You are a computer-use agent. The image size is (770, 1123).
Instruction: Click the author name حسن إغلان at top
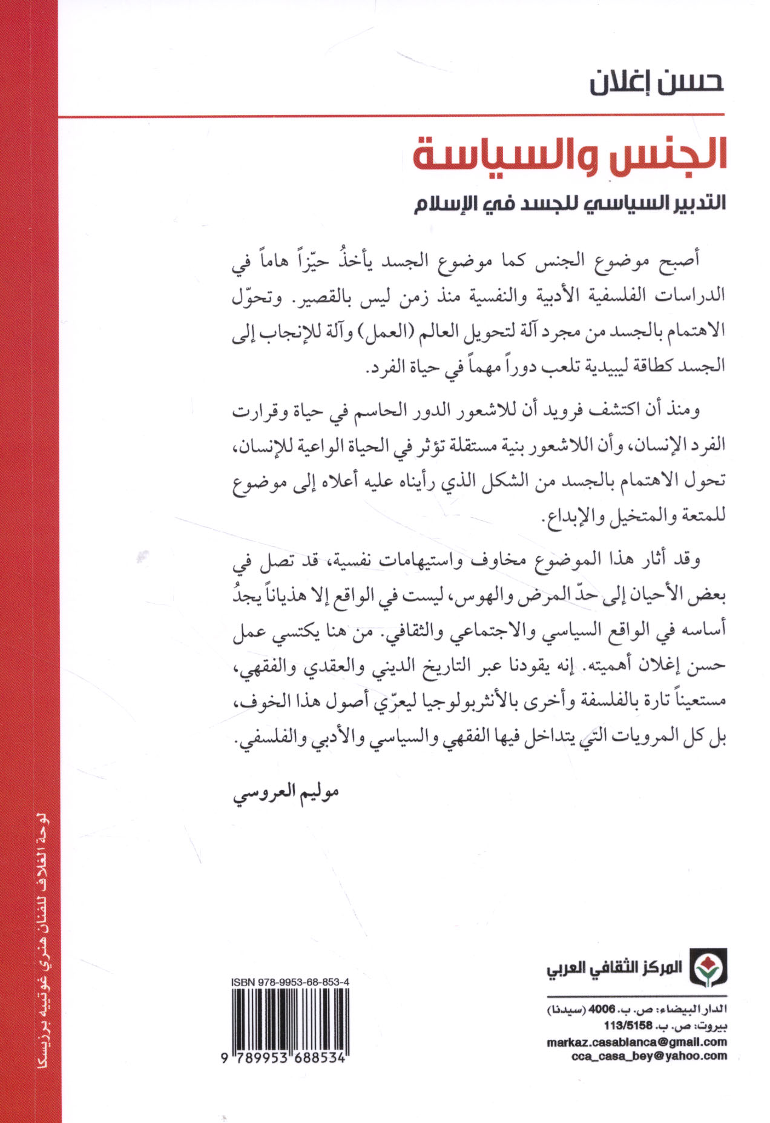coord(657,83)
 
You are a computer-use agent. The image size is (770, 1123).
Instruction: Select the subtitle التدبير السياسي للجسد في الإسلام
coord(569,203)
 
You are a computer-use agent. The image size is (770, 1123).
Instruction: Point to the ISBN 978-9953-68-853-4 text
coord(290,982)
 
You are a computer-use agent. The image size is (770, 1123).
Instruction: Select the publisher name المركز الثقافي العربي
coord(614,968)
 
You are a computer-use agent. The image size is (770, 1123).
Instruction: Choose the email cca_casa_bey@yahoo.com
coord(649,1056)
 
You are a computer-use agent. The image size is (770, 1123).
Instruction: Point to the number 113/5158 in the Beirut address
coord(628,1026)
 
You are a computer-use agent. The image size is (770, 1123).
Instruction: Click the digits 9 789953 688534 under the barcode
coord(285,1058)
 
